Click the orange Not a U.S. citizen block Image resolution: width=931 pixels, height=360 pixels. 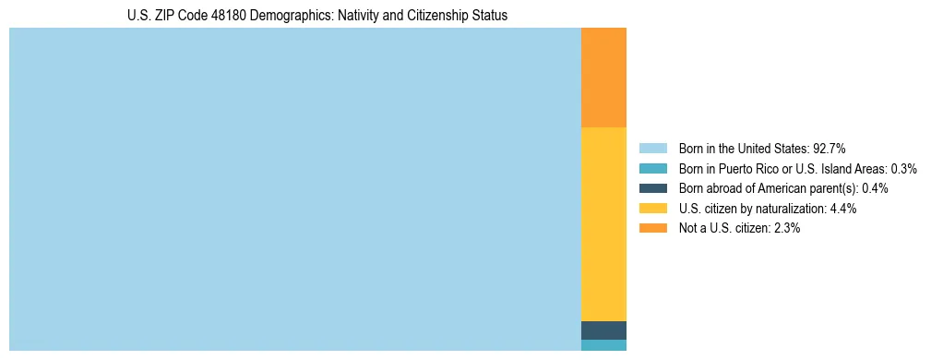[x=603, y=78]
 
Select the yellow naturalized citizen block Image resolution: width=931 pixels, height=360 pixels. [x=603, y=223]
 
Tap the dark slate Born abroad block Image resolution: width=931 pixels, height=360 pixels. [x=603, y=330]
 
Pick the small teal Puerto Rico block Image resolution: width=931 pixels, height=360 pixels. [x=603, y=345]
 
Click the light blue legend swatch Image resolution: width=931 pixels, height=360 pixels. [x=652, y=148]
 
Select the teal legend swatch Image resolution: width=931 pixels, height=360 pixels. [x=652, y=168]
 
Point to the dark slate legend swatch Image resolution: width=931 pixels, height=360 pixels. [x=652, y=188]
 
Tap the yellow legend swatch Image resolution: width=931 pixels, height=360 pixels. [x=652, y=209]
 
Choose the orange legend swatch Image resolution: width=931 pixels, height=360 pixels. [x=652, y=228]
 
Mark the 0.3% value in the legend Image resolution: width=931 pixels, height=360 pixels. [x=903, y=168]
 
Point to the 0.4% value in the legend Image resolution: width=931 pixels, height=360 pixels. [x=875, y=188]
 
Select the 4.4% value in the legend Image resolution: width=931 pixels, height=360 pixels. [x=843, y=209]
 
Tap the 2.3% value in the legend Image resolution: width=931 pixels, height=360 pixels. [x=786, y=228]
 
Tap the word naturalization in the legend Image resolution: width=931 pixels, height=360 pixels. [x=791, y=209]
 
